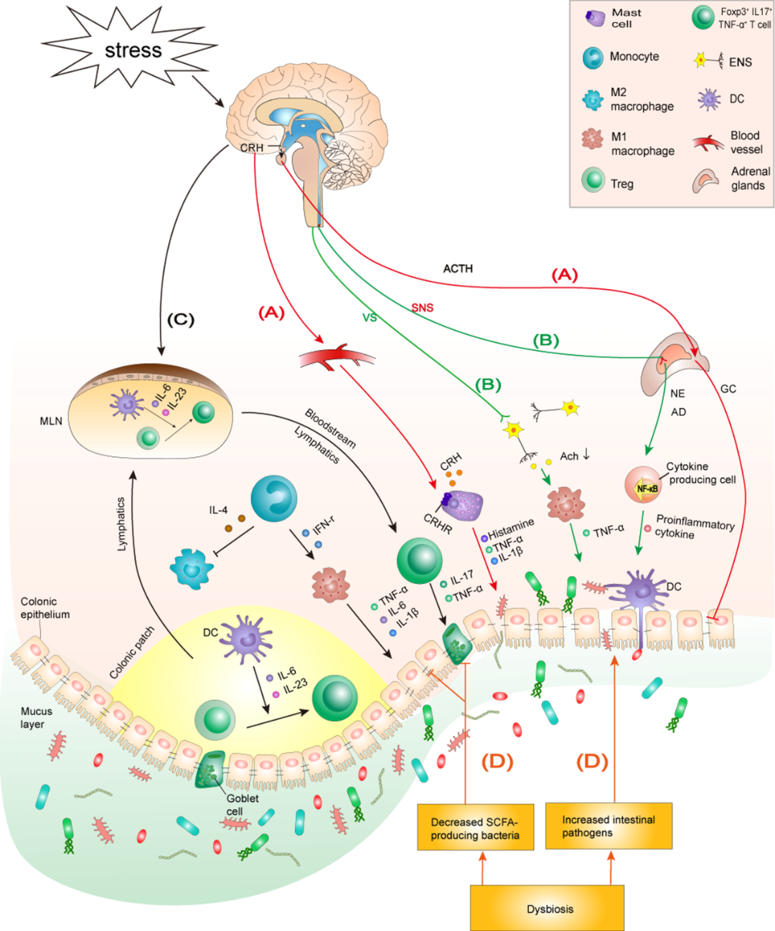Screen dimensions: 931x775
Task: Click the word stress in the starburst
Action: coord(133,50)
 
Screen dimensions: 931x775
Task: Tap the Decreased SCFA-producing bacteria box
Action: coord(475,828)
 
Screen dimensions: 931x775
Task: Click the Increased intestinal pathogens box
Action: coord(609,826)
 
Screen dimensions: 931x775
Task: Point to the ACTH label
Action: coord(458,268)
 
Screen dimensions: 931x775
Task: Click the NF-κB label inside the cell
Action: coord(647,488)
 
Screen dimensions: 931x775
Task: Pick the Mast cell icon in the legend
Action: coord(595,19)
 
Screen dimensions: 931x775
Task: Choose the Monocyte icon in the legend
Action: coord(593,57)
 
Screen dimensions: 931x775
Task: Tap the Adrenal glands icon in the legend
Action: coord(705,180)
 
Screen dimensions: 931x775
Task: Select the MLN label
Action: coord(51,421)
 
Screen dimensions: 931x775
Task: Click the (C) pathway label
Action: coord(180,319)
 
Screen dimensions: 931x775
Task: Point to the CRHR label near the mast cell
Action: coord(437,524)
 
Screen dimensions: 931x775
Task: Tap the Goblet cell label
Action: coord(242,805)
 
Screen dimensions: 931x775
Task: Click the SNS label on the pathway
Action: coord(422,308)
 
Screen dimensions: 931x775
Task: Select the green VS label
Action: coord(370,317)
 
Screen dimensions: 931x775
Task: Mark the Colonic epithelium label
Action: coord(44,608)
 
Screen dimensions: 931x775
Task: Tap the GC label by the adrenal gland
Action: coord(728,389)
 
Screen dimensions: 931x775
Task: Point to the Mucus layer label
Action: coord(36,717)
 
